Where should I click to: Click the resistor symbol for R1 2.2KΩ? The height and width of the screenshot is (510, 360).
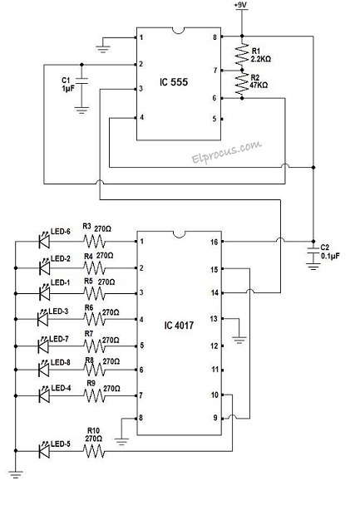[x=242, y=55]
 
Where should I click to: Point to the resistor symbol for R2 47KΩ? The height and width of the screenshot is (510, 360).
[x=242, y=83]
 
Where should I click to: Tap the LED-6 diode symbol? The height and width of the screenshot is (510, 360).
[x=42, y=243]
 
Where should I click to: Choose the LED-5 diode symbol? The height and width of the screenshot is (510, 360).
[x=42, y=453]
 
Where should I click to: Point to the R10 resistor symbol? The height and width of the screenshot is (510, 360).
[x=93, y=453]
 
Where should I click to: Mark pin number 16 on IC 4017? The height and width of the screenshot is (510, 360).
[x=213, y=243]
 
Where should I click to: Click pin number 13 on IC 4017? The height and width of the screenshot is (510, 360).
[x=213, y=319]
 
